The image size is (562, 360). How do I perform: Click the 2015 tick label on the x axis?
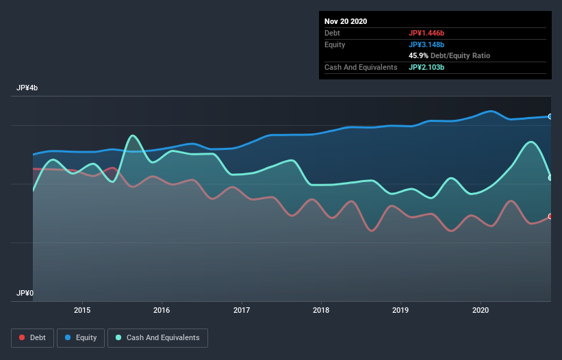(x=82, y=310)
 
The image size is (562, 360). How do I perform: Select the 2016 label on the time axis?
(x=162, y=310)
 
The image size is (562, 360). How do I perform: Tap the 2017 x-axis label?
(x=242, y=310)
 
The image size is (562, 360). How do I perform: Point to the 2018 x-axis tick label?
(x=321, y=310)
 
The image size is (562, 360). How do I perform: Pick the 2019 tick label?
(x=401, y=310)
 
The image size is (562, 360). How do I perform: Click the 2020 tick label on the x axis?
(x=481, y=310)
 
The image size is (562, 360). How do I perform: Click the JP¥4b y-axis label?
(x=27, y=88)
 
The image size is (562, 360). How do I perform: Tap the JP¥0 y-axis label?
(x=25, y=293)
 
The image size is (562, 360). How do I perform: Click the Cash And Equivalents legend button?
(x=157, y=337)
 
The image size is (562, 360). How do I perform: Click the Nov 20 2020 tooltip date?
(x=346, y=21)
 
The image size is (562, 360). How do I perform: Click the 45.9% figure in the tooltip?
(x=418, y=55)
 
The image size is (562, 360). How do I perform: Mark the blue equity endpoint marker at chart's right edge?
(x=550, y=116)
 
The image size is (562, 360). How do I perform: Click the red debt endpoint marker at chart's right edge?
(x=550, y=216)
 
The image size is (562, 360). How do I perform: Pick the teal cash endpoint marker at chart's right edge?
(x=550, y=178)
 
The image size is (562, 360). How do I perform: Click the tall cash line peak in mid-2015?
(x=132, y=136)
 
